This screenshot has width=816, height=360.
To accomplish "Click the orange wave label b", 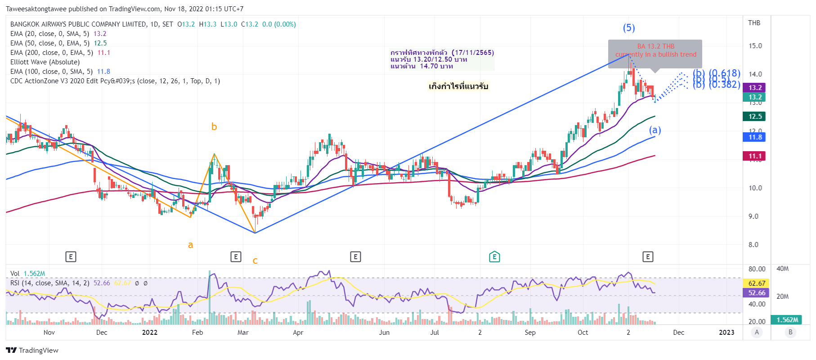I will click(x=214, y=127).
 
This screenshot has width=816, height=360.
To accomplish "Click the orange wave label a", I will click(x=190, y=245).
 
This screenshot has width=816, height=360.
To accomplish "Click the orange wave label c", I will click(x=255, y=261).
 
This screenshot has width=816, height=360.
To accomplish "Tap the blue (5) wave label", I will click(x=629, y=28).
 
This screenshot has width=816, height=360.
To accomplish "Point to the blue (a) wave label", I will click(x=655, y=130).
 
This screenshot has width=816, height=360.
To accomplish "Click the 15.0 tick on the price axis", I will click(x=755, y=46).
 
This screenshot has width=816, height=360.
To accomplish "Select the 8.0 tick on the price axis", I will click(x=753, y=245).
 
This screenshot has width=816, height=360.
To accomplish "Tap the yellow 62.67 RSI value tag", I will click(x=757, y=283).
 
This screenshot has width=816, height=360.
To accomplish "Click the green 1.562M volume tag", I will click(x=787, y=319).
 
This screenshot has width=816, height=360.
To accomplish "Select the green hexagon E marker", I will click(x=494, y=257).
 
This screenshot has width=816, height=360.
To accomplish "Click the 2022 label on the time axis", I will click(x=150, y=333).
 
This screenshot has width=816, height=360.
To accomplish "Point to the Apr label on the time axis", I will click(x=298, y=333).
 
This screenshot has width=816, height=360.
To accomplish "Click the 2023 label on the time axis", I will click(x=726, y=333).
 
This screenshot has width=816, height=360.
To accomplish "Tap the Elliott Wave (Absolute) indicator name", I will click(x=45, y=62).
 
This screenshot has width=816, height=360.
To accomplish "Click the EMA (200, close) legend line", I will click(x=60, y=53).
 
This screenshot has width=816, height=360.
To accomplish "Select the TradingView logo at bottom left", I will click(x=32, y=351).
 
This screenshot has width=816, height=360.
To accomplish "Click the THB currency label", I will click(x=754, y=23).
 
